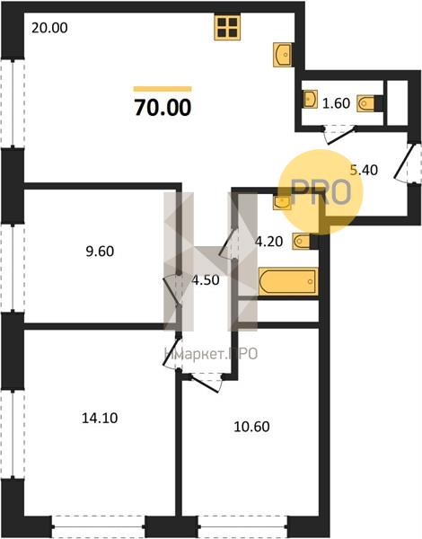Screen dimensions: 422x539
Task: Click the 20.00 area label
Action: point(49,28)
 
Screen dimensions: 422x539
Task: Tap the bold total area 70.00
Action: point(163,107)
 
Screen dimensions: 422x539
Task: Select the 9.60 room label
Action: point(100,252)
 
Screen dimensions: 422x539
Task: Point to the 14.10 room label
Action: point(100,418)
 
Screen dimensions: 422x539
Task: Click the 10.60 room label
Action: point(251,427)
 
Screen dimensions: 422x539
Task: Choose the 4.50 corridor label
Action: point(206,280)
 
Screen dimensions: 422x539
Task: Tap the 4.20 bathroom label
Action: point(268,242)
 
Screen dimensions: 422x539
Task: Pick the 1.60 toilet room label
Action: point(336,103)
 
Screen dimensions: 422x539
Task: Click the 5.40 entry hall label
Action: point(364,170)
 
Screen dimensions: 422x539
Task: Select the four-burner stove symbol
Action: point(227,28)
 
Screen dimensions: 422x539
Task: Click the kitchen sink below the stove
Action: point(283,55)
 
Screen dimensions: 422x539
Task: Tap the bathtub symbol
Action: point(288,281)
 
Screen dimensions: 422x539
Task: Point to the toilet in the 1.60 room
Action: point(366,103)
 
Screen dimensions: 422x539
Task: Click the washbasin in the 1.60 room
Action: point(311,99)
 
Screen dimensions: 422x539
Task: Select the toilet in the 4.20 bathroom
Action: point(302,242)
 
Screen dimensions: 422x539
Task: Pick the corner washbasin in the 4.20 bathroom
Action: point(282,202)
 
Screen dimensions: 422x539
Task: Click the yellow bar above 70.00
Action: point(163,89)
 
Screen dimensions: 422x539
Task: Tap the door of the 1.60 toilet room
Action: point(339,134)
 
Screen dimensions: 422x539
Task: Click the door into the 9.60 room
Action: point(173,288)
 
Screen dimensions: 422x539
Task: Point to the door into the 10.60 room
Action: point(205,384)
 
